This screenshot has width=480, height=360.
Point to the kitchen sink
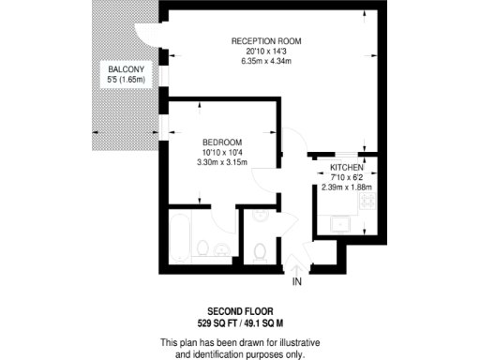[338, 223]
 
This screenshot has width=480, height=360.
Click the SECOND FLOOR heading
[239, 311]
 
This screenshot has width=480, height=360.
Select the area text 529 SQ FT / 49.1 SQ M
[239, 322]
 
